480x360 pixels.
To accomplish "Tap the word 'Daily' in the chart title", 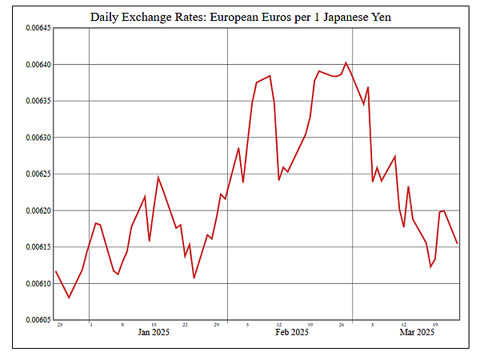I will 106,16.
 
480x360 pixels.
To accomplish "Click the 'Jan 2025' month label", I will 154,332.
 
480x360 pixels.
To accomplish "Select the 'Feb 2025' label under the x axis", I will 292,332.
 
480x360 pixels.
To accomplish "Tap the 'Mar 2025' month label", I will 417,332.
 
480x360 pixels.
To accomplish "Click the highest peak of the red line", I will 346,62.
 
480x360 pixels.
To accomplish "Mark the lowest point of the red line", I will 69,298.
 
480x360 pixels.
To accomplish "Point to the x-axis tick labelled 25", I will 59,325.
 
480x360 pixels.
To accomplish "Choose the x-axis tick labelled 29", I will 216,325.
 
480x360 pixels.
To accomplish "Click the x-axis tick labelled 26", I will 341,325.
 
